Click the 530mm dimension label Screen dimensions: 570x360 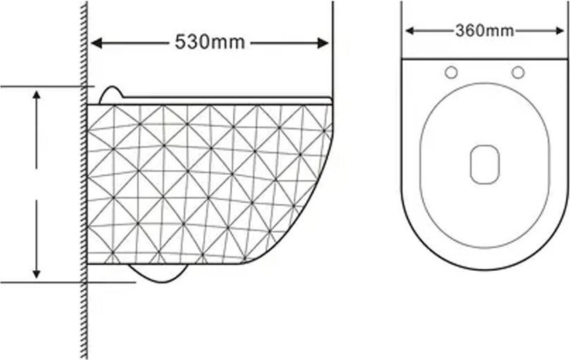(x=210, y=42)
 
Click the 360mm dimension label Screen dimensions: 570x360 (x=484, y=30)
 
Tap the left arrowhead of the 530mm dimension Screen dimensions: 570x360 (x=96, y=44)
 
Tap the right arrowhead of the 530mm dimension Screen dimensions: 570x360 (x=323, y=44)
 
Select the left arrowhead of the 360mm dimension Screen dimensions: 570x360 (x=410, y=31)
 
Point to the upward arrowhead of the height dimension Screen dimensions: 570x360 (x=37, y=95)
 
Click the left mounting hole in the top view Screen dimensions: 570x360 (x=451, y=73)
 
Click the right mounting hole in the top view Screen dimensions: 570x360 (x=518, y=73)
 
